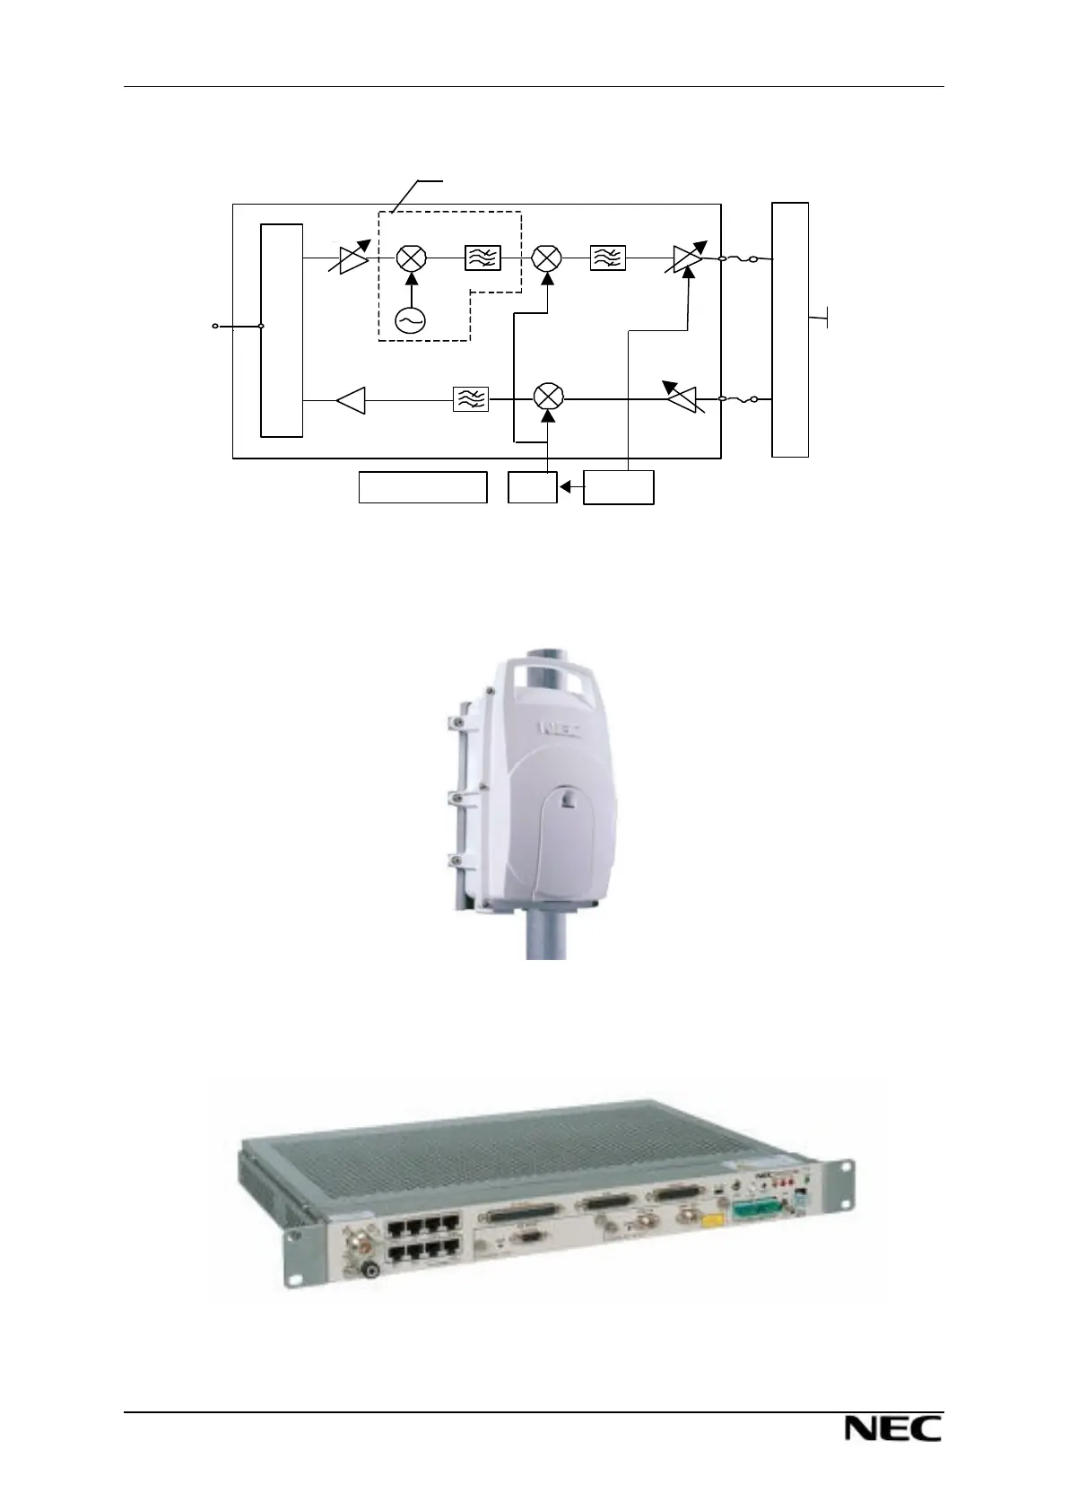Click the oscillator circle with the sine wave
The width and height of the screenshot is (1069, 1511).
pyautogui.click(x=411, y=320)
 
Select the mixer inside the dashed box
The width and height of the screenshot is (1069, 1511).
pyautogui.click(x=412, y=258)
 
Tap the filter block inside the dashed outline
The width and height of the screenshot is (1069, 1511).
pyautogui.click(x=483, y=258)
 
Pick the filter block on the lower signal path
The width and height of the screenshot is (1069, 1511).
pyautogui.click(x=471, y=398)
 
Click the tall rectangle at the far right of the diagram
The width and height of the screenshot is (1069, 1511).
pyautogui.click(x=790, y=329)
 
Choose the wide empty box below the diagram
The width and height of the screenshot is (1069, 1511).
pyautogui.click(x=422, y=486)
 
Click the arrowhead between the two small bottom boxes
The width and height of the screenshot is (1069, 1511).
pyautogui.click(x=564, y=487)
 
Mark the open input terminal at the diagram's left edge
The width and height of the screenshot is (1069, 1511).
pyautogui.click(x=215, y=327)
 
